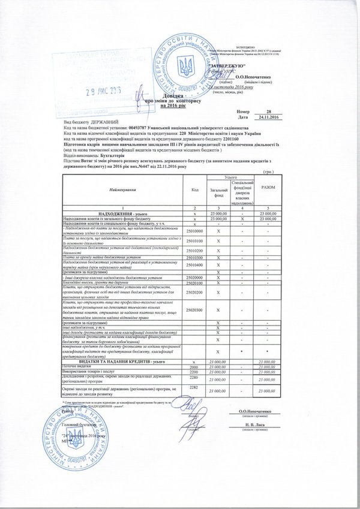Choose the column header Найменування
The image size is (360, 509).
pos(122,189)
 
